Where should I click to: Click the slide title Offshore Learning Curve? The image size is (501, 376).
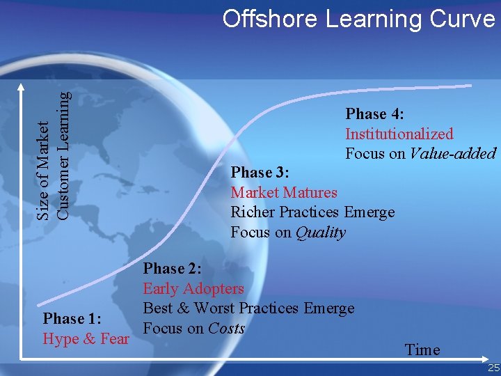[358, 19]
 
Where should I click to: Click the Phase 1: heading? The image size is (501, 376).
[73, 319]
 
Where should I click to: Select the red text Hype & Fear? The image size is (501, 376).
[86, 339]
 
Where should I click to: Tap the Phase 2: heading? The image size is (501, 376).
[173, 269]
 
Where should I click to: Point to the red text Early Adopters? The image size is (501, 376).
[193, 288]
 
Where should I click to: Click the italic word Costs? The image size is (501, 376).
[227, 329]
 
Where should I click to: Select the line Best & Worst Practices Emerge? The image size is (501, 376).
[248, 308]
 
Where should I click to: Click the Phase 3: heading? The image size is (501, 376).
[260, 172]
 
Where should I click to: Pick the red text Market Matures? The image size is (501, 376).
[284, 192]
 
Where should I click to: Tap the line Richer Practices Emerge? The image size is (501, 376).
[312, 212]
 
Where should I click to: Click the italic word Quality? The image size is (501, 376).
[320, 233]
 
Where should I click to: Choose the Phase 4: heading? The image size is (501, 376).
[375, 113]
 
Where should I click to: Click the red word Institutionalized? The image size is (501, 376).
[399, 134]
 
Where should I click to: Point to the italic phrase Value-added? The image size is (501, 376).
[452, 154]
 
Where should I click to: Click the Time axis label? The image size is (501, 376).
[422, 350]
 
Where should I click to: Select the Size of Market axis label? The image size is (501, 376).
[43, 171]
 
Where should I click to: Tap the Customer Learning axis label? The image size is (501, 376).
[63, 157]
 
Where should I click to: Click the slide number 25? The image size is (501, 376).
[493, 368]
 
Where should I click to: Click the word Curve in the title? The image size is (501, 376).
[463, 19]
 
